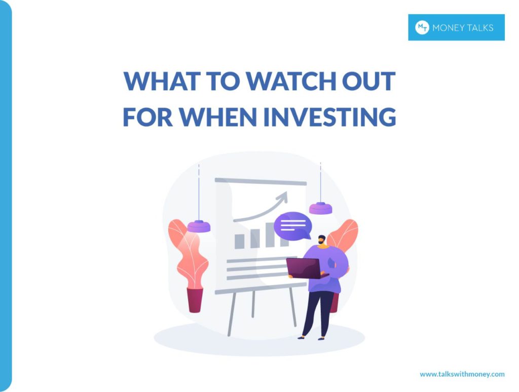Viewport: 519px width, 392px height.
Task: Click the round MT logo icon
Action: pyautogui.click(x=422, y=27)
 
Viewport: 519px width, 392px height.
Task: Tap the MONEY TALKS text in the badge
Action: pyautogui.click(x=463, y=28)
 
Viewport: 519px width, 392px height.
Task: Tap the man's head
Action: pyautogui.click(x=322, y=240)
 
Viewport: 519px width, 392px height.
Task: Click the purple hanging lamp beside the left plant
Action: pyautogui.click(x=199, y=226)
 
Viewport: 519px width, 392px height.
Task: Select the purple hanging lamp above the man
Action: pyautogui.click(x=320, y=208)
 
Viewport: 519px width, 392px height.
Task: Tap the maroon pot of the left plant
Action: pyautogui.click(x=195, y=300)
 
